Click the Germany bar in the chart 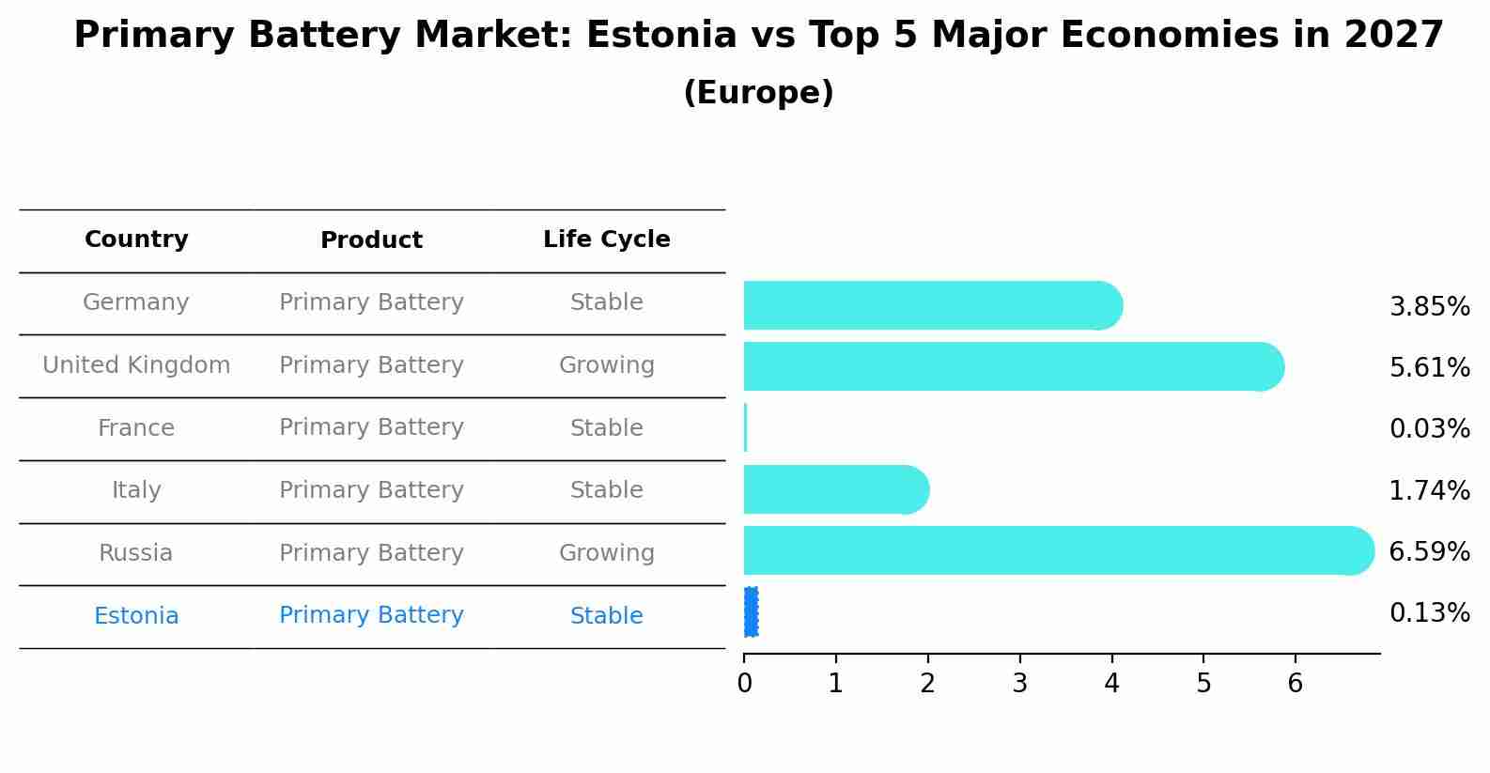[930, 305]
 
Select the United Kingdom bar [1010, 366]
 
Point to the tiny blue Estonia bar [751, 612]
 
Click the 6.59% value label [1429, 552]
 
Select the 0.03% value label [1429, 429]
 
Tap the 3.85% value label [1429, 307]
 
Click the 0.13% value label [1429, 613]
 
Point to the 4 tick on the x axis [1111, 684]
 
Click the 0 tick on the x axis [744, 684]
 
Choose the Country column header [136, 240]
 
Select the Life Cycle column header [606, 240]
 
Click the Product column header [371, 240]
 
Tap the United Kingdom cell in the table [136, 365]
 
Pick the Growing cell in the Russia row [606, 553]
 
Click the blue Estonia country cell [136, 616]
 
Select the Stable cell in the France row [606, 428]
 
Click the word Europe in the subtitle [758, 93]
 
